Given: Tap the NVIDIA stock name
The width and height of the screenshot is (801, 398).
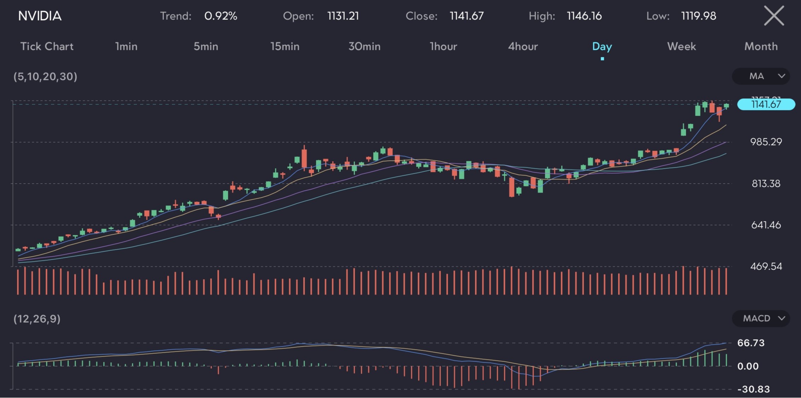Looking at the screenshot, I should pos(40,16).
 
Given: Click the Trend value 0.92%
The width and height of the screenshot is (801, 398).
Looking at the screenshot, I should pos(220,16).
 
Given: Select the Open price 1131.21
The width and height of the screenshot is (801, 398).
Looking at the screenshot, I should pos(343,16).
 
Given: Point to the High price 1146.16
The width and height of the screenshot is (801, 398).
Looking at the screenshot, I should pos(584,16).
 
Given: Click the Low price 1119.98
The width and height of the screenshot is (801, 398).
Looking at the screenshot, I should pos(698,16).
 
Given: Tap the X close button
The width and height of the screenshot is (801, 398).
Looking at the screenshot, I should pos(774,16).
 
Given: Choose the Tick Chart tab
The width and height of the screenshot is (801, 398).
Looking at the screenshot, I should pos(47,46).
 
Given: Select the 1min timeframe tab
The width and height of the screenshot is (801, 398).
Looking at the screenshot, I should pos(126,46).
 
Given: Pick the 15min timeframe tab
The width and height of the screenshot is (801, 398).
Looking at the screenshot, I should pos(285,46).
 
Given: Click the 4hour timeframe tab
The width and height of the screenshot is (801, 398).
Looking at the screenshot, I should pos(523,46).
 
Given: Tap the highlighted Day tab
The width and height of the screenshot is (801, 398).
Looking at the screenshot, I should pos(602,46).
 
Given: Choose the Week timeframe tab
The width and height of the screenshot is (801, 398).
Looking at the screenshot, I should pos(681,46).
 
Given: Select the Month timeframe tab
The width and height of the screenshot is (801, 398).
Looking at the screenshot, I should pos(761,46).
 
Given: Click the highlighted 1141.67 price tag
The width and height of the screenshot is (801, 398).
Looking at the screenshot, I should pos(766,104).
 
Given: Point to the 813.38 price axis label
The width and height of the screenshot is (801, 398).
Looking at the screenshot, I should pos(766,184).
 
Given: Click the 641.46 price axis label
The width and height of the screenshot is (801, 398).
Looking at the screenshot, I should pos(766,225).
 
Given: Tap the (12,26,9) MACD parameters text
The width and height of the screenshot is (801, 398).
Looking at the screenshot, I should pos(37,319).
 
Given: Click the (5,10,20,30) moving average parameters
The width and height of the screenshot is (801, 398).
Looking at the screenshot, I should pos(45,76).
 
